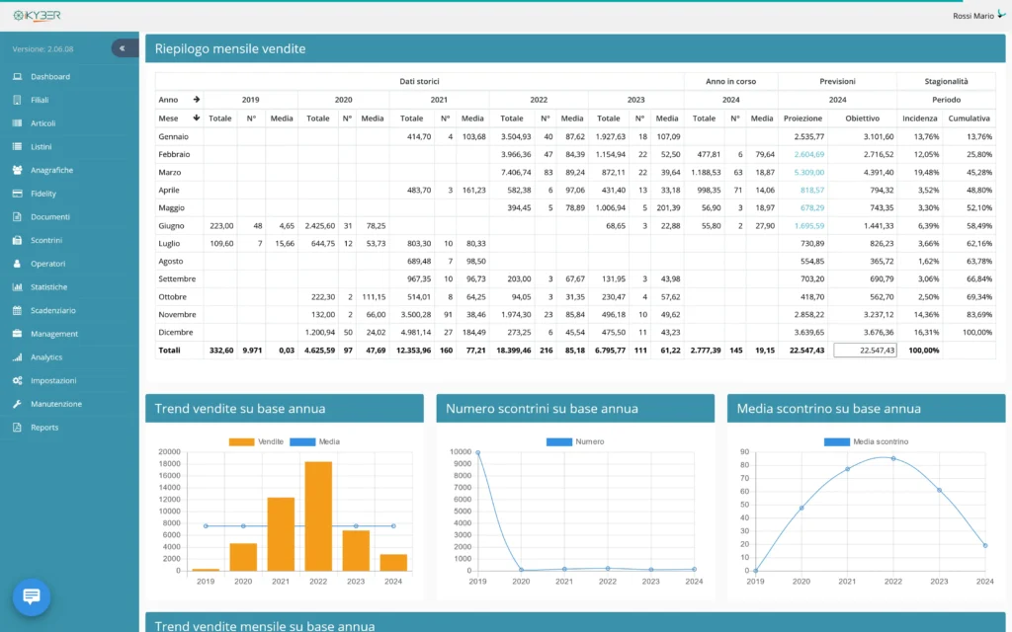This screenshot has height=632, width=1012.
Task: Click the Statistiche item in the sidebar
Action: tap(48, 287)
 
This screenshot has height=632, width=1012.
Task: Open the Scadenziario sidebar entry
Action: tap(53, 310)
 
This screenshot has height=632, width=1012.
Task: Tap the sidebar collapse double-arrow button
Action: tap(124, 48)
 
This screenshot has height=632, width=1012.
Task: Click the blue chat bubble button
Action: tap(31, 596)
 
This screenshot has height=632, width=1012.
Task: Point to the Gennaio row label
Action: tap(173, 136)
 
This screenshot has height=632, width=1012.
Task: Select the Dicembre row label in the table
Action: tap(175, 332)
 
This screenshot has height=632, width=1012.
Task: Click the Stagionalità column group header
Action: tap(946, 81)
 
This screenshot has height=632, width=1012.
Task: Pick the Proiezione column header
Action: tap(802, 118)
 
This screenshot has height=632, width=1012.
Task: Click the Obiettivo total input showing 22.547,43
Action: tap(865, 350)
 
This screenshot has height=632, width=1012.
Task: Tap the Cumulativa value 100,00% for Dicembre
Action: tap(969, 332)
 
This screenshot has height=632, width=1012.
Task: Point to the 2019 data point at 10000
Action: tap(477, 452)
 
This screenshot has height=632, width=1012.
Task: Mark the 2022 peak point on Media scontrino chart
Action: tap(893, 458)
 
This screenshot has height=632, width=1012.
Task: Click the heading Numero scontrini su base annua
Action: tap(542, 408)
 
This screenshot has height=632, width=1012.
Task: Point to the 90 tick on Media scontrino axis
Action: tap(743, 452)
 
